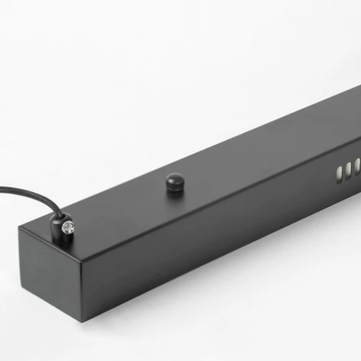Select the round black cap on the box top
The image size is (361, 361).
coord(174,183)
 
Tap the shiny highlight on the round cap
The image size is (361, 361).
coord(172,179)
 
